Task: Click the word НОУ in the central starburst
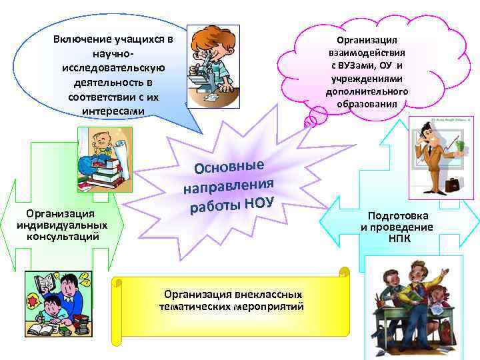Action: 258,201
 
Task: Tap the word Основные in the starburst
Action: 229,160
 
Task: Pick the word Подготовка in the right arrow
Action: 398,216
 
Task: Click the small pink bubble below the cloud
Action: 310,121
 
